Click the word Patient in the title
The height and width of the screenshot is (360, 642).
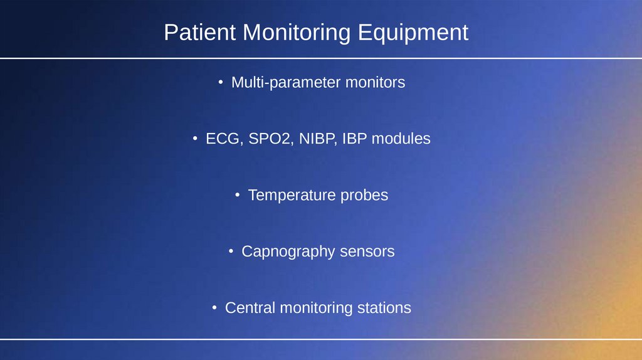coord(200,33)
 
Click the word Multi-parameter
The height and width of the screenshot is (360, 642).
coord(286,83)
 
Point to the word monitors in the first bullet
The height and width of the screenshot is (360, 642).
coord(376,82)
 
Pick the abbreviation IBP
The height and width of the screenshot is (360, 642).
coord(355,139)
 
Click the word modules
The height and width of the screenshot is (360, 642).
coord(401,139)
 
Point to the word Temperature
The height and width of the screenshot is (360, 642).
coord(292,195)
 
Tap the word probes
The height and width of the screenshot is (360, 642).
coord(364,196)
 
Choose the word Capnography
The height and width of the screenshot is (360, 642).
coord(288,252)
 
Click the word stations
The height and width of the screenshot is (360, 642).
coord(384,307)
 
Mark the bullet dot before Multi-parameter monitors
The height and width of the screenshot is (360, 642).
coord(221,82)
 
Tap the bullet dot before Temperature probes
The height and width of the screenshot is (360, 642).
coord(238,195)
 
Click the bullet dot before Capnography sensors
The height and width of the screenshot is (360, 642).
coord(231,251)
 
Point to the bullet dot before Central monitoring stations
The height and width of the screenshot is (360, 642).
coord(214,307)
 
